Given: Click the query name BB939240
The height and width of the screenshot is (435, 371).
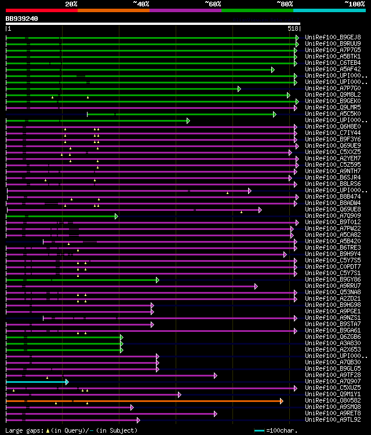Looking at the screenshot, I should pos(22,19).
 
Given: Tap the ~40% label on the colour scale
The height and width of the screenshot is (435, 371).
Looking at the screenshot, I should pos(141,4).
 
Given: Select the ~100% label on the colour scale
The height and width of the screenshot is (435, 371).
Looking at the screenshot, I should pos(355,4).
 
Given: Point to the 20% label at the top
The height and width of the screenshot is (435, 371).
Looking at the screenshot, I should pos(71,4).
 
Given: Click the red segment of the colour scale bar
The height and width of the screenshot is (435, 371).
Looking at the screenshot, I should pos(41,10).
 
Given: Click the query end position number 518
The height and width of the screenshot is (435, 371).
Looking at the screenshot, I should pos(293,28).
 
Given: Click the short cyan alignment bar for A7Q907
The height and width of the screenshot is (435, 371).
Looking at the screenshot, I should pos(37,382).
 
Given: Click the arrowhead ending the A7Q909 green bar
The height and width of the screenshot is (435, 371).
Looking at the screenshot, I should pos(117,216).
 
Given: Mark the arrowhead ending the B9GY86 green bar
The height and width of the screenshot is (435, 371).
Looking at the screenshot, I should pos(157,280).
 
